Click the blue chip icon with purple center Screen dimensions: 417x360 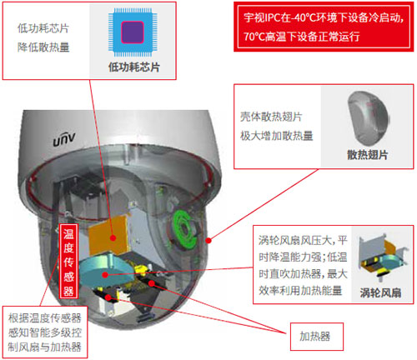133,32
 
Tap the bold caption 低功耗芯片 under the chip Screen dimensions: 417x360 134,67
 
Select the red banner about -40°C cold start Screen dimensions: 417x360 324,27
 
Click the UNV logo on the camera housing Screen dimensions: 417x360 64,139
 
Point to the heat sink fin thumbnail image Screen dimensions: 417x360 368,118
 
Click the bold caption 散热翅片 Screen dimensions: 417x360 367,154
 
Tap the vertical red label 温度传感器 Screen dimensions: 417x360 68,261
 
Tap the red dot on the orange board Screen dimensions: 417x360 113,237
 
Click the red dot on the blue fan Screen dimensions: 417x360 105,275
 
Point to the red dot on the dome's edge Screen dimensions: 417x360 208,240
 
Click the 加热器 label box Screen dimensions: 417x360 317,337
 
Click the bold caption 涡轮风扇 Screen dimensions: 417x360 380,292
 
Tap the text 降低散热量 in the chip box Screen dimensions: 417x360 43,47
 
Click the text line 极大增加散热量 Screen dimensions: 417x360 277,136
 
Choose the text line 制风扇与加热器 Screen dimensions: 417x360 44,347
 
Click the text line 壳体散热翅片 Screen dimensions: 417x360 271,117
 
